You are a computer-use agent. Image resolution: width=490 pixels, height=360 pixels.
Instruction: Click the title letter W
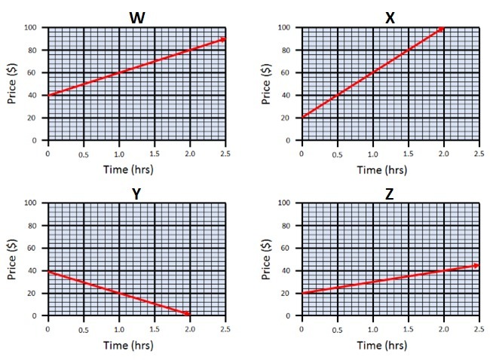(136, 17)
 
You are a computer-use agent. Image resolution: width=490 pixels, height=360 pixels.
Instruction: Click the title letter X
(389, 17)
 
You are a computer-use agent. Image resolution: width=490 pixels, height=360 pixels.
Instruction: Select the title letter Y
(136, 194)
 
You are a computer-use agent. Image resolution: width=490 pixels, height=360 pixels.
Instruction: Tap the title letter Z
(389, 194)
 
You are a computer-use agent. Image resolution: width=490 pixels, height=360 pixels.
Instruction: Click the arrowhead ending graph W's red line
(222, 38)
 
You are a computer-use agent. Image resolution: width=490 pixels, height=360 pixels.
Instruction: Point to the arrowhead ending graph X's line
(441, 29)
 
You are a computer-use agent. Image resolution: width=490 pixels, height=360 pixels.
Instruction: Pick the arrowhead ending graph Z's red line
(476, 264)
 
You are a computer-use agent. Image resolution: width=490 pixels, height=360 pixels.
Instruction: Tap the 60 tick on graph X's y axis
(286, 73)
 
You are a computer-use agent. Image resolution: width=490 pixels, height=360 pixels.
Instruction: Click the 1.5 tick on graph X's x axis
(407, 153)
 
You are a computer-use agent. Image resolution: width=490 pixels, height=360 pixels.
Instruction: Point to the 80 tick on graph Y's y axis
(33, 226)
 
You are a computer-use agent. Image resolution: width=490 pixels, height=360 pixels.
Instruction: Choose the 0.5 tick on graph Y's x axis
(84, 328)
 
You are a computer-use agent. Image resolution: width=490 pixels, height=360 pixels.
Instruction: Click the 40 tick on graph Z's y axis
(286, 271)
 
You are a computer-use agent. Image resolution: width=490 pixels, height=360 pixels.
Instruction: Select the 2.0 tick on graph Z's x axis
(443, 328)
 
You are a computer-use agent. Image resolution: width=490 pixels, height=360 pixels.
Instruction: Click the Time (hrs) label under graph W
(135, 170)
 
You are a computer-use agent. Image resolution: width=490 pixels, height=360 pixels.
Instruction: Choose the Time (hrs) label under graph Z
(389, 346)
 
